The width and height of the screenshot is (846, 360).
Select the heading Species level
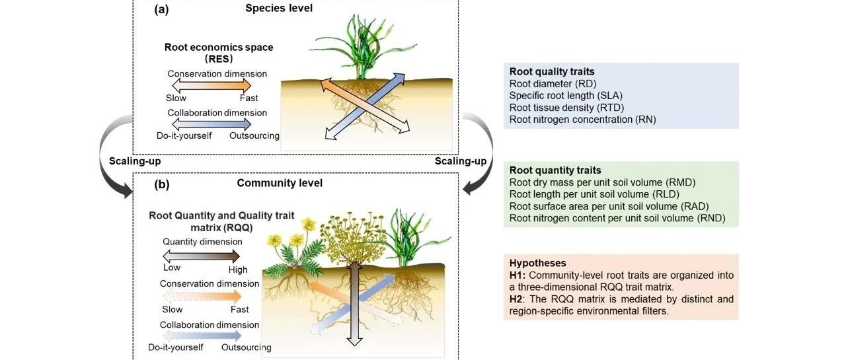click(279, 8)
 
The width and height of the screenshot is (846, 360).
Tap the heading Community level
click(280, 183)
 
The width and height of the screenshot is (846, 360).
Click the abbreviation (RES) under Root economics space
click(219, 59)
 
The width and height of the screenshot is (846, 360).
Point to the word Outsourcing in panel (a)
click(254, 136)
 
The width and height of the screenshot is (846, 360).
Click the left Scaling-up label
click(135, 161)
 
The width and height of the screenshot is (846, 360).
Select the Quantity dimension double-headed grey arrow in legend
click(202, 256)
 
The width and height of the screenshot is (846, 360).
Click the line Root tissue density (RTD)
click(566, 108)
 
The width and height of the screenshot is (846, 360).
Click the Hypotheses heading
click(537, 263)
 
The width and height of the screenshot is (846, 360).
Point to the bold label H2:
click(518, 299)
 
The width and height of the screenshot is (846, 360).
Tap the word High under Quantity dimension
click(238, 270)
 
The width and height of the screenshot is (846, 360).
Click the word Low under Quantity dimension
click(171, 268)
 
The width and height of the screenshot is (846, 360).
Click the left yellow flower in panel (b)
click(275, 240)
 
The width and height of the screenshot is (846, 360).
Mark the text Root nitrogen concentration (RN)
click(582, 120)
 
